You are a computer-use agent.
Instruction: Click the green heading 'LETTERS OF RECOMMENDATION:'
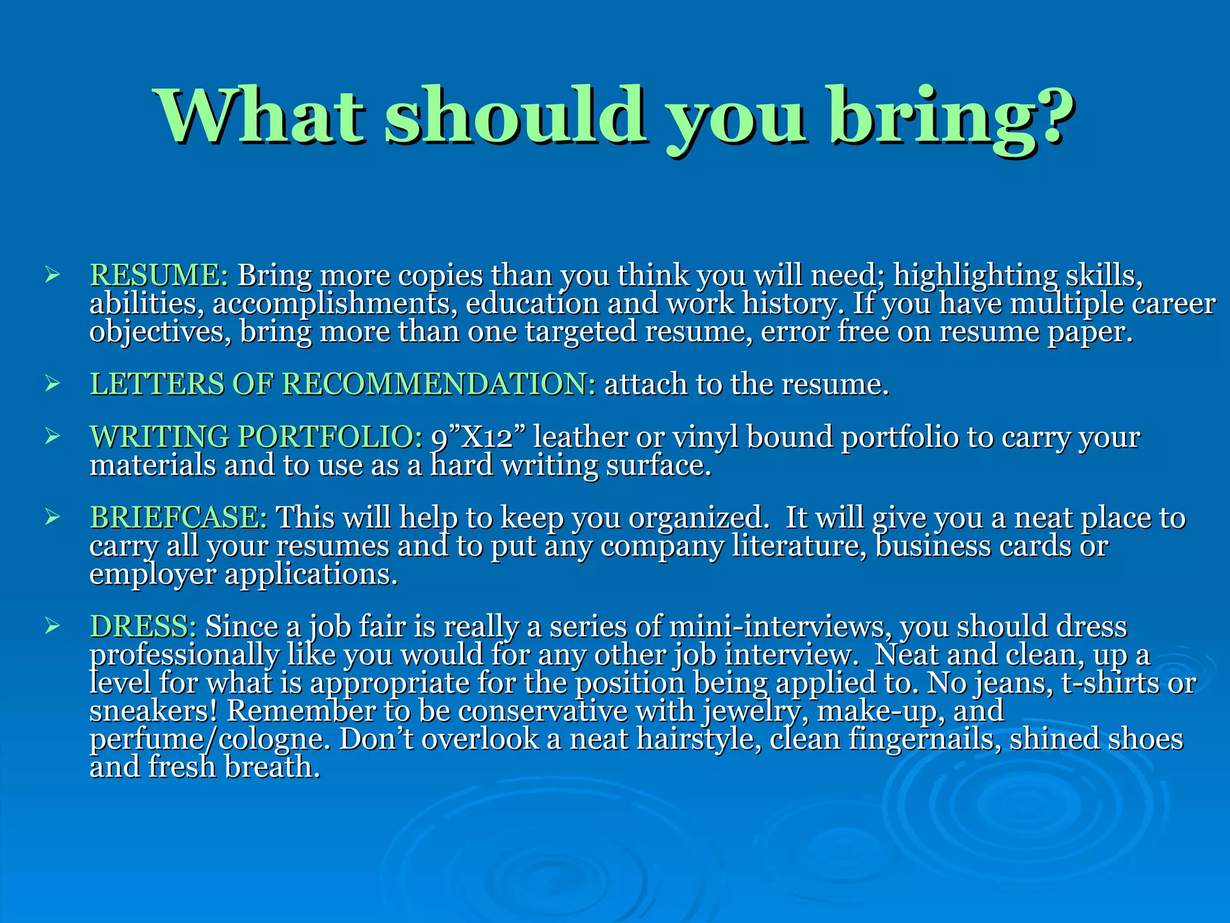342,384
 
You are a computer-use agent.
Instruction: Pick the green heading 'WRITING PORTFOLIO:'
256,437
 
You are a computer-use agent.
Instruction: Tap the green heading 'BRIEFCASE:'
178,518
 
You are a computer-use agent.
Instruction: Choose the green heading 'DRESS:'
143,627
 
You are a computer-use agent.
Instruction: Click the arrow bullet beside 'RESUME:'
52,276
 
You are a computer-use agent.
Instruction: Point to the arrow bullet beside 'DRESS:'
52,627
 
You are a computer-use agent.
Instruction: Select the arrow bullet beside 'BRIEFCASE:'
52,517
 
